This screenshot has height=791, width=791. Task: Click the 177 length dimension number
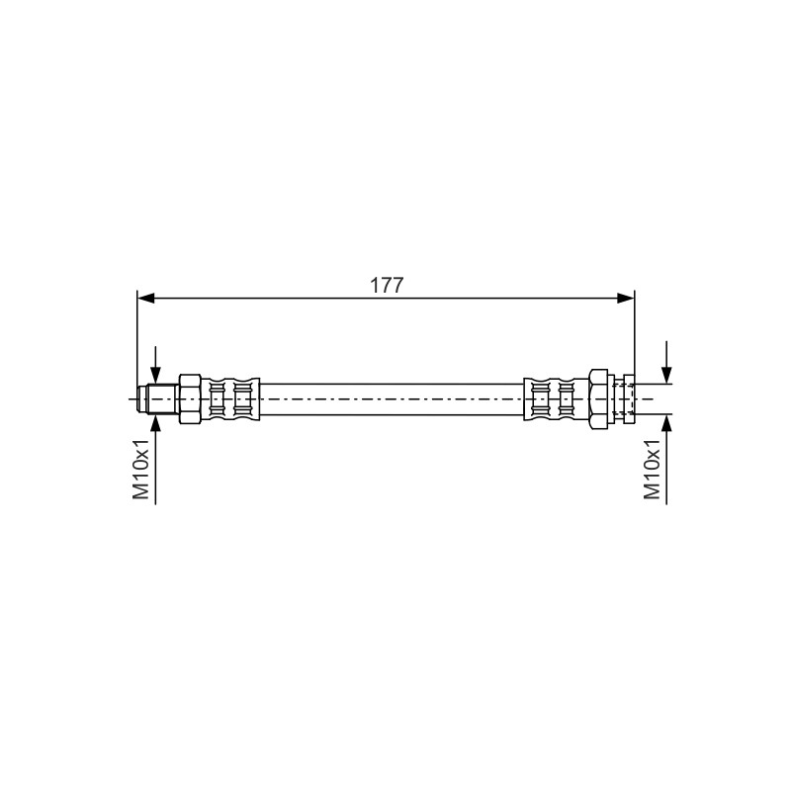(387, 286)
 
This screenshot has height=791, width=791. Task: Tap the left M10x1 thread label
(141, 469)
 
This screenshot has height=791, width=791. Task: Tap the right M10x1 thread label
(653, 469)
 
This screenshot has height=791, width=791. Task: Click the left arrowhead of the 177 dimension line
(145, 299)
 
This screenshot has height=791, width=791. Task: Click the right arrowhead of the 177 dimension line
(626, 299)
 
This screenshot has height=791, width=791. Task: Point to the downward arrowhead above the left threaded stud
(156, 375)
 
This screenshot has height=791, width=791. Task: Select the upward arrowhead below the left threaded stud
(156, 424)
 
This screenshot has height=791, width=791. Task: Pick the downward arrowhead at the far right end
(666, 375)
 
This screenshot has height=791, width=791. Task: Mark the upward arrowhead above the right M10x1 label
(666, 423)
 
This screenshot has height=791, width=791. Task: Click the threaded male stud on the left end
(158, 399)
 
